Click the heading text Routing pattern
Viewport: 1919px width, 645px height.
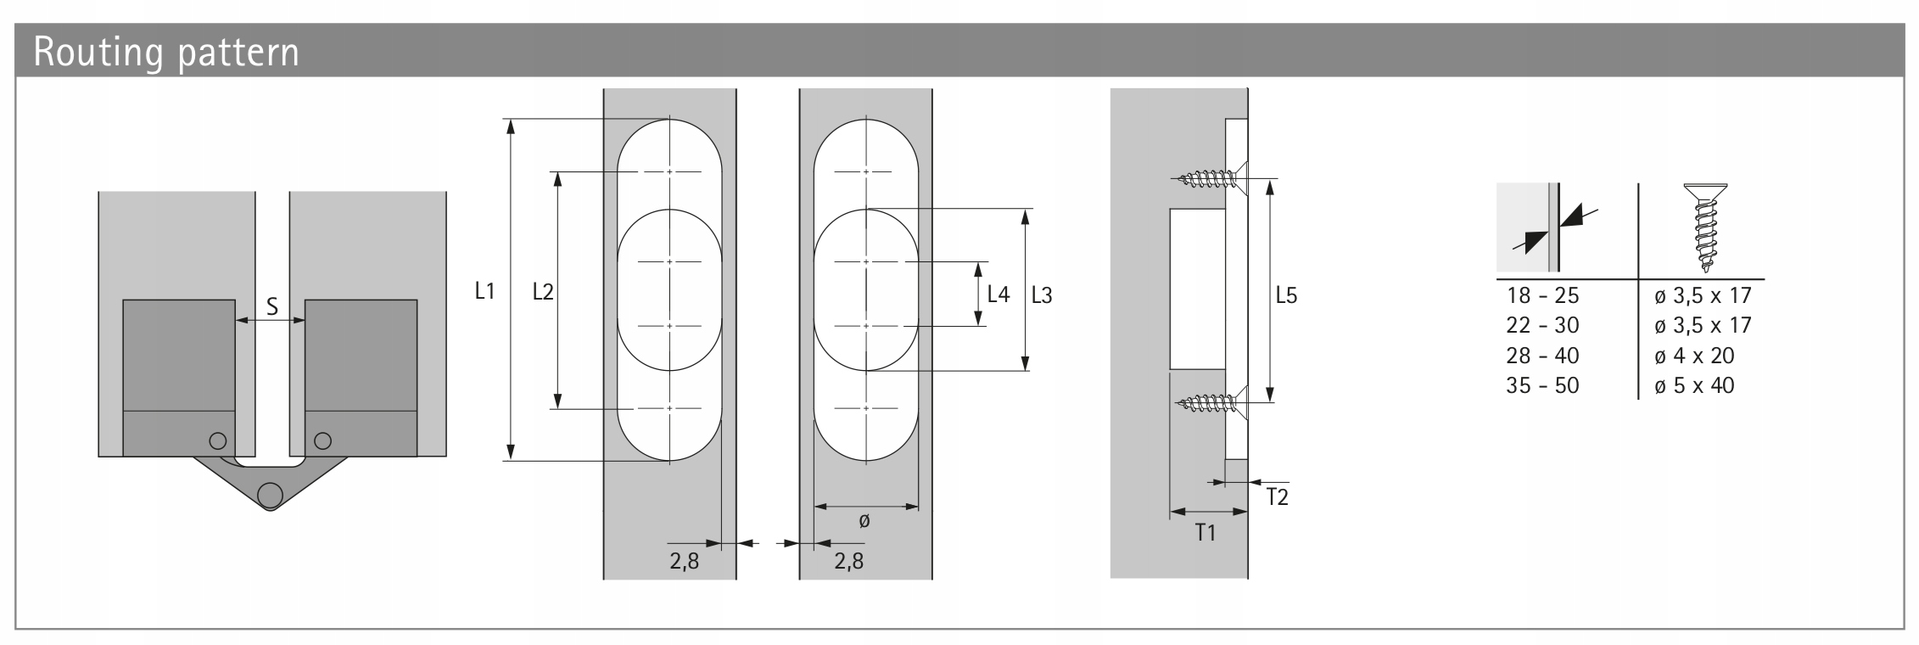coord(166,53)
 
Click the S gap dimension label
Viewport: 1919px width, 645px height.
coord(272,306)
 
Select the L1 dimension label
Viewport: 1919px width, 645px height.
coord(484,292)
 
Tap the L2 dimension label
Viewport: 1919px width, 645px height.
coord(543,292)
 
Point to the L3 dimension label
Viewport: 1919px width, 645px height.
coord(1042,295)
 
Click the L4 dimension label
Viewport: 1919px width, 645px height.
coord(999,295)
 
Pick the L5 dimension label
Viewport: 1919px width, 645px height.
coord(1286,295)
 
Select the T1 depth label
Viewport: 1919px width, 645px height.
coord(1206,533)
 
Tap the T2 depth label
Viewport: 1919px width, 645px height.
coord(1277,497)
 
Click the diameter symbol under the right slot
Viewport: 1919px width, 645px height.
coord(864,521)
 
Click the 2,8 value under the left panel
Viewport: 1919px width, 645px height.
coord(684,561)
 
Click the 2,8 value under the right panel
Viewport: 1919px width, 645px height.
coord(848,561)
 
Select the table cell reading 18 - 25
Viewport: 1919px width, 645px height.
coord(1542,296)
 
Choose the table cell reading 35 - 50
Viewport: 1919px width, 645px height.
coord(1542,386)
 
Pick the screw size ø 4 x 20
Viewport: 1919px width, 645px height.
coord(1694,356)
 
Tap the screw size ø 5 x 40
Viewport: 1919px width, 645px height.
coord(1694,386)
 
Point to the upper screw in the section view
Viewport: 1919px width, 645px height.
coord(1209,178)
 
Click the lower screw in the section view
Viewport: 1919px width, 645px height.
coord(1209,401)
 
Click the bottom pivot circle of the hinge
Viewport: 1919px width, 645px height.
coord(270,494)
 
